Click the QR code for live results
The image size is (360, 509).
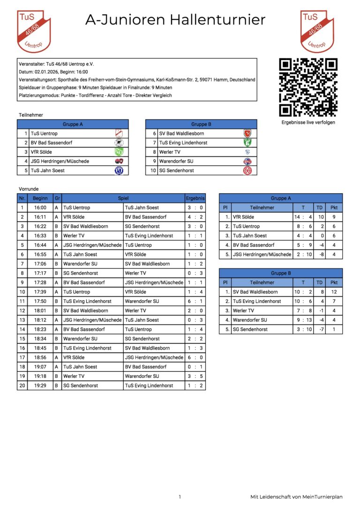click(x=308, y=87)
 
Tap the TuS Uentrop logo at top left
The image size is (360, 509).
click(x=33, y=31)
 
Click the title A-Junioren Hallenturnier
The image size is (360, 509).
click(x=175, y=20)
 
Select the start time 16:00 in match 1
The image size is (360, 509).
click(x=40, y=208)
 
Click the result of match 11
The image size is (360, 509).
click(x=195, y=301)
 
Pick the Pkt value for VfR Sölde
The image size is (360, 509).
click(x=334, y=217)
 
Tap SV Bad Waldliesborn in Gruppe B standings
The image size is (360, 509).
click(x=255, y=292)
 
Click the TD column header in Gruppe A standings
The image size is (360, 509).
click(x=319, y=208)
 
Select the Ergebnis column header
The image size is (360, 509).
click(x=195, y=198)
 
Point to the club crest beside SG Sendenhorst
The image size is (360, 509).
click(x=247, y=171)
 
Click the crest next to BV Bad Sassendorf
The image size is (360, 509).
click(x=119, y=142)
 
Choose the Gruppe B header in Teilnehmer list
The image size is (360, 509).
click(x=201, y=124)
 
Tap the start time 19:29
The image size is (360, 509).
click(x=40, y=386)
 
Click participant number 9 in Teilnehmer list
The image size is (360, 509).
click(x=154, y=161)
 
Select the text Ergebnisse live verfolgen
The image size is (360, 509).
click(x=308, y=122)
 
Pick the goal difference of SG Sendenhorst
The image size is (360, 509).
click(x=319, y=329)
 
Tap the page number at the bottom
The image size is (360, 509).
click(x=180, y=497)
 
